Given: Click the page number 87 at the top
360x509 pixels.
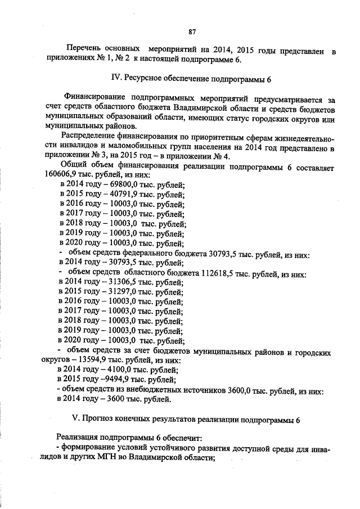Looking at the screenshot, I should [x=192, y=31].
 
